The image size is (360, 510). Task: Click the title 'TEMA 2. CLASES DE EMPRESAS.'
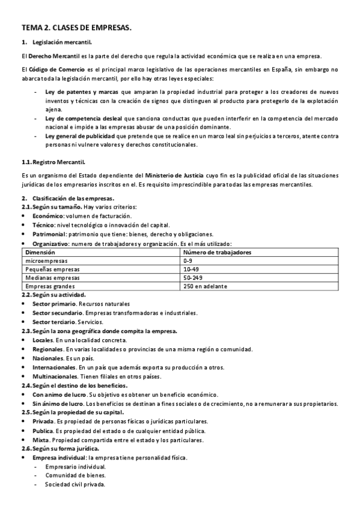[76, 28]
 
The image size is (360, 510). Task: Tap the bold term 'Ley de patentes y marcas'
[81, 91]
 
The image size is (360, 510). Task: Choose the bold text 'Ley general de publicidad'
[81, 137]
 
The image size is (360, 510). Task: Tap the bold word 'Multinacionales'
[55, 376]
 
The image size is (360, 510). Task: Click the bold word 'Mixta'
[41, 440]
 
